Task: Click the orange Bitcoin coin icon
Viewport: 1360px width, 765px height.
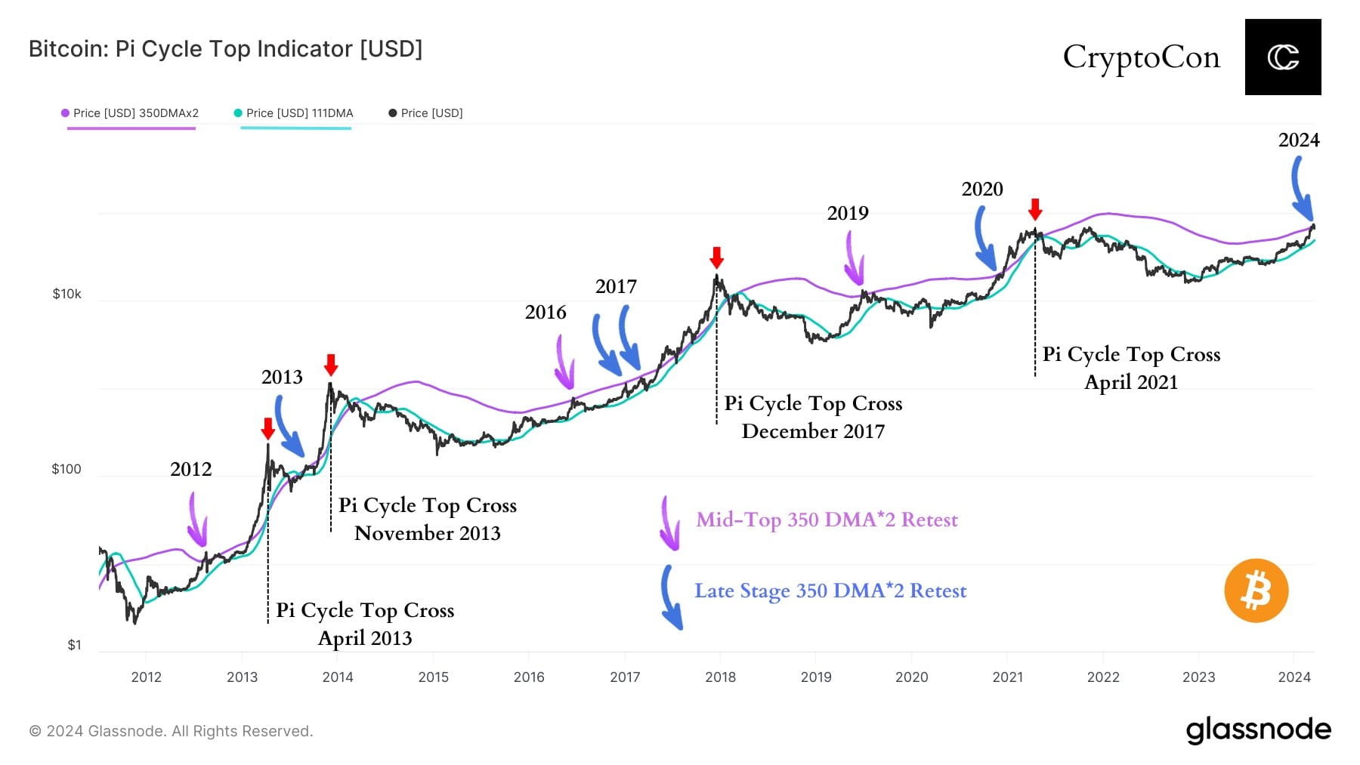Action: [1256, 591]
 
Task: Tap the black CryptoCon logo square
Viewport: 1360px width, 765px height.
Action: [1282, 57]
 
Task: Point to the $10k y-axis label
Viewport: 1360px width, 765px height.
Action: [66, 294]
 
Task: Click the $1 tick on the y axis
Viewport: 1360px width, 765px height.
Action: [74, 645]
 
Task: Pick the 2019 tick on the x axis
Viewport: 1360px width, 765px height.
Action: [816, 677]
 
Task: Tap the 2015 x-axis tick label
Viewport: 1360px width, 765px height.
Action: [433, 677]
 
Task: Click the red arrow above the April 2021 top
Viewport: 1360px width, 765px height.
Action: [1035, 209]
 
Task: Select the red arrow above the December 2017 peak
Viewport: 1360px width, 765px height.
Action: [716, 258]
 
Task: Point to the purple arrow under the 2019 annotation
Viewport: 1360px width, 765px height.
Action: [854, 258]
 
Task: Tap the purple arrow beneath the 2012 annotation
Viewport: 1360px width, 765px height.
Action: [196, 520]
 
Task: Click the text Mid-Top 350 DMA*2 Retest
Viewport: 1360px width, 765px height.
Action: [827, 520]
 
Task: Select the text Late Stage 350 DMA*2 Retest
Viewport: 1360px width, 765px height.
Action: [830, 591]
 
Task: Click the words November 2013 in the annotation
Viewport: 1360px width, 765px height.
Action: [427, 533]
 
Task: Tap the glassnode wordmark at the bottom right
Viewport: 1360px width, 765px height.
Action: [1258, 730]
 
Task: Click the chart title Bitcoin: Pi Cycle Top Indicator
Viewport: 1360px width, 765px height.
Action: [225, 49]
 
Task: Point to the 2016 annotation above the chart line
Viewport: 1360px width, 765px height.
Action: [545, 312]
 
